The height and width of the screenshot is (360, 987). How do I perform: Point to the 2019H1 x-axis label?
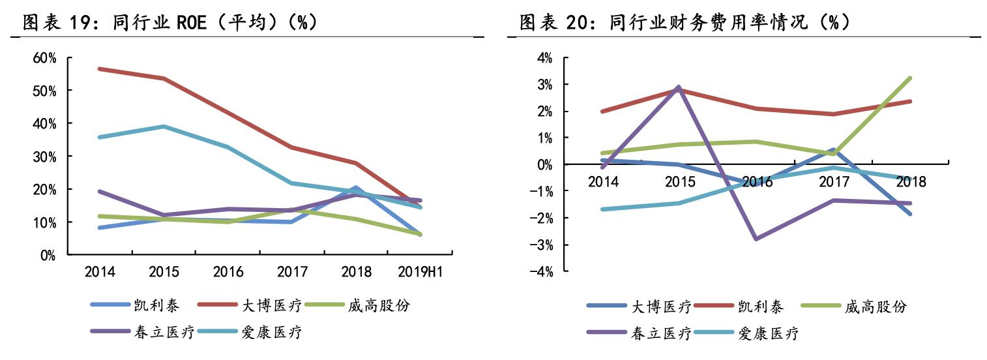420,272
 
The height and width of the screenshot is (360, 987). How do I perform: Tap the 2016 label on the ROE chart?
228,272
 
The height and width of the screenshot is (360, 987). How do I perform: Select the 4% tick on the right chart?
544,58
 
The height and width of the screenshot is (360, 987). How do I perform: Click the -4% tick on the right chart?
542,271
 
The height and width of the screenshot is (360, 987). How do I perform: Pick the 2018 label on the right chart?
911,182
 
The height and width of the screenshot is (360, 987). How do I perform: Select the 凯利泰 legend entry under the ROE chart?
156,305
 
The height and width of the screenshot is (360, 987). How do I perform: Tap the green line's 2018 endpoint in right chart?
910,78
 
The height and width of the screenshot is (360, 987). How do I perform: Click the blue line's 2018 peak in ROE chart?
355,188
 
